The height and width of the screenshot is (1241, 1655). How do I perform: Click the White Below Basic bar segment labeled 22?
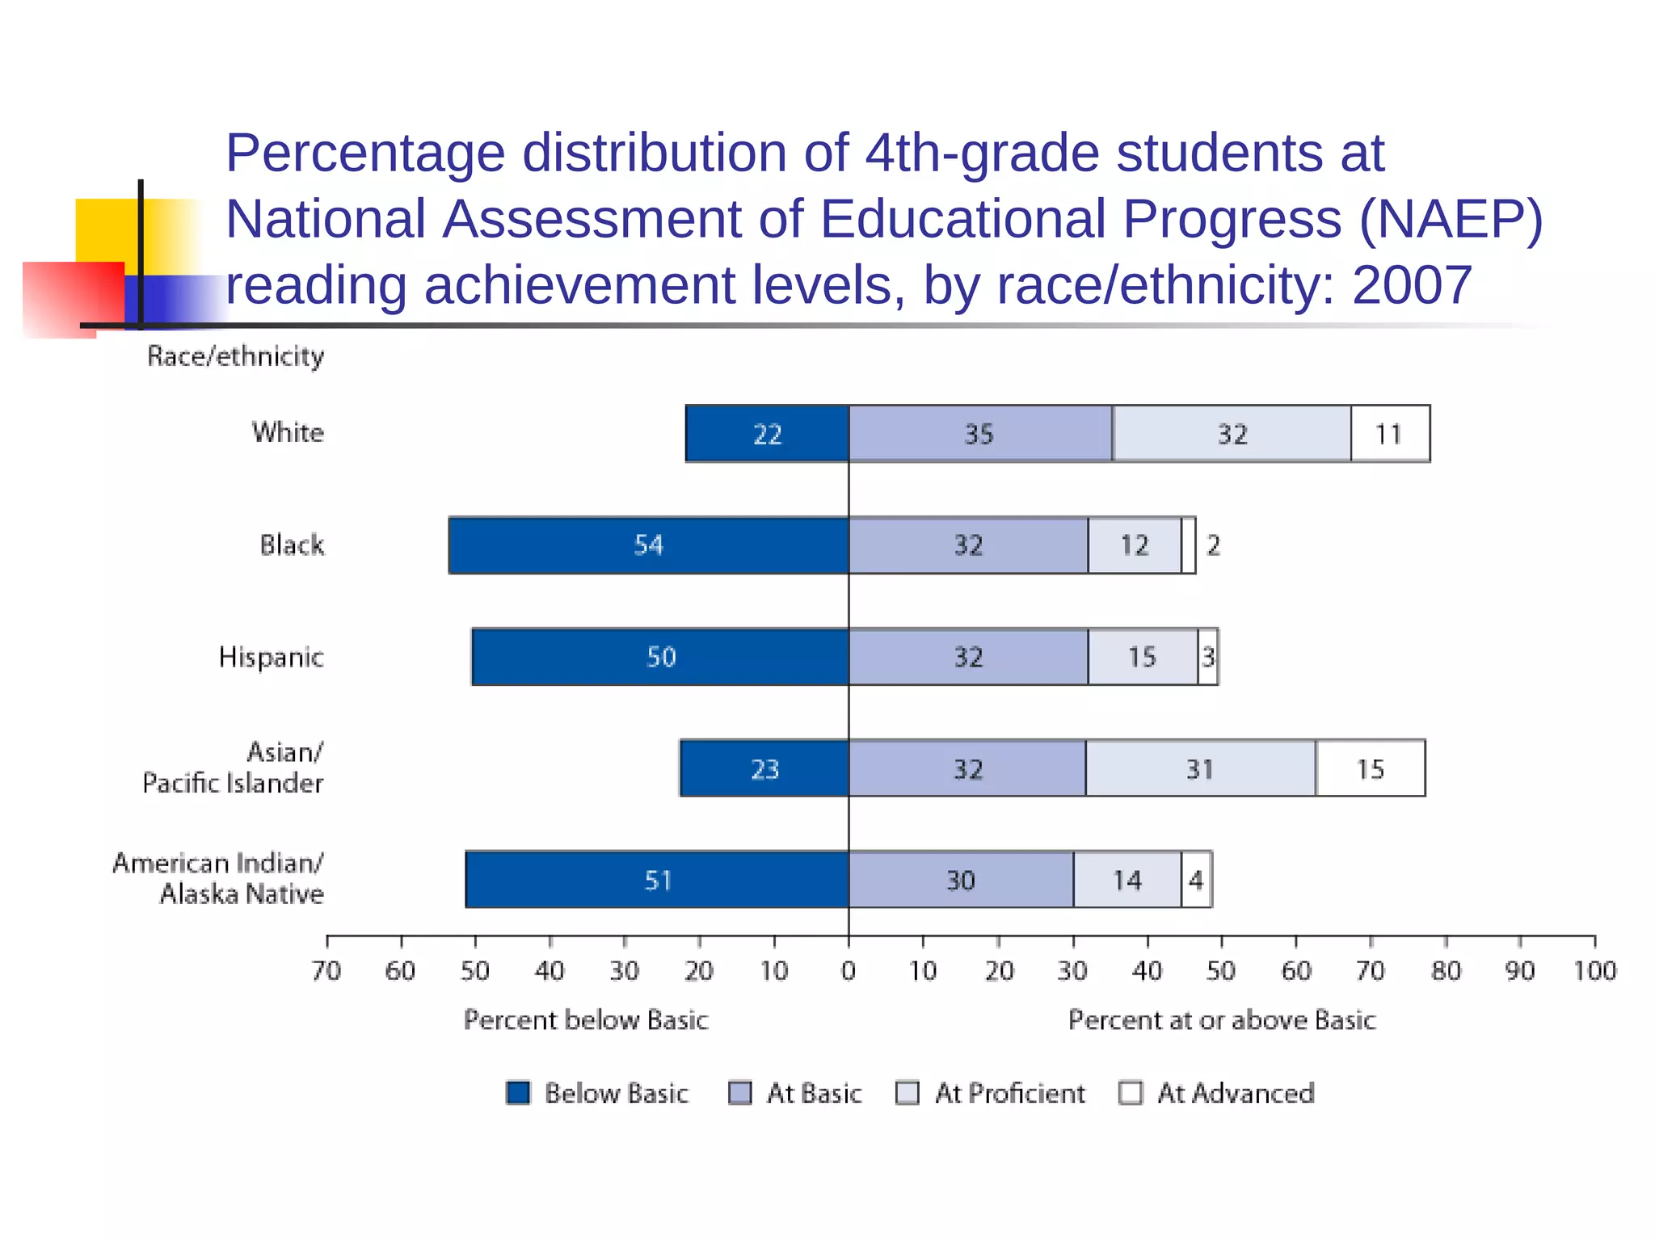(x=767, y=434)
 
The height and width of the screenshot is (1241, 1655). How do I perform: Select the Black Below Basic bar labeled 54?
(x=648, y=545)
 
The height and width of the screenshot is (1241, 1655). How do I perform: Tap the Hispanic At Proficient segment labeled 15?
(x=1142, y=657)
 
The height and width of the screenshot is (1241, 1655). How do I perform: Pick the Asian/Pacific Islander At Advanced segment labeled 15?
(x=1370, y=768)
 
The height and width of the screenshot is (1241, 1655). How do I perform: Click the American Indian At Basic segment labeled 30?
(x=961, y=880)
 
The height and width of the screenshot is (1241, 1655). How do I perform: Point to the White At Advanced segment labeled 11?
(x=1389, y=434)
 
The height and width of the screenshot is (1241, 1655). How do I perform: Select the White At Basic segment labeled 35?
(x=979, y=434)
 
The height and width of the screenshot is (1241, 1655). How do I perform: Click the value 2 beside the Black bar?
(x=1213, y=545)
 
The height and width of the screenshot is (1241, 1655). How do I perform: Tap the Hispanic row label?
(x=271, y=657)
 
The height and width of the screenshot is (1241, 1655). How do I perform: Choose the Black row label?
(x=292, y=545)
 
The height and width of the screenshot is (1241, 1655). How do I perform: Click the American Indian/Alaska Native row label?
(x=218, y=878)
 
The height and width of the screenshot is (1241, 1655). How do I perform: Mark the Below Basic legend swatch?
(x=518, y=1092)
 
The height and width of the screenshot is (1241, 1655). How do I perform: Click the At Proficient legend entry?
(x=992, y=1092)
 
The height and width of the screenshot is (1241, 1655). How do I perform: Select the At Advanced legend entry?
(x=1218, y=1092)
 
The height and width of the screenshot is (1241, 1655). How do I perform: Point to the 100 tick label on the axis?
(x=1594, y=970)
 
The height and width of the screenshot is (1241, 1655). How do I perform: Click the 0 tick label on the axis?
(x=849, y=970)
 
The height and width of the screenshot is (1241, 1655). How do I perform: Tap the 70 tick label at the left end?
(x=326, y=970)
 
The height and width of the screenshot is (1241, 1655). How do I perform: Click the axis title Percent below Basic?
(x=586, y=1020)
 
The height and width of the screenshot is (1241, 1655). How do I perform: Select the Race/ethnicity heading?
(x=235, y=356)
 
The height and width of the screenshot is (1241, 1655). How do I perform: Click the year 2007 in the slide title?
(x=1412, y=285)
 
